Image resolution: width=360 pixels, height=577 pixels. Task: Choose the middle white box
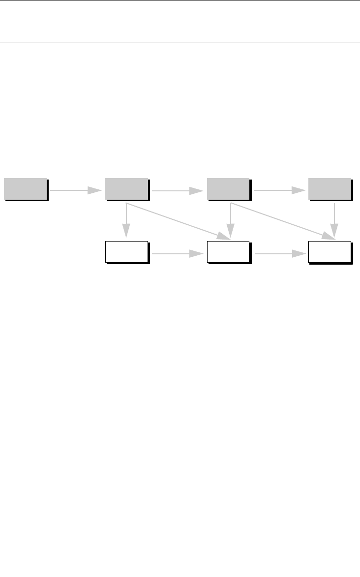(x=228, y=252)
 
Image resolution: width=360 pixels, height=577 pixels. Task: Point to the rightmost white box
(x=330, y=252)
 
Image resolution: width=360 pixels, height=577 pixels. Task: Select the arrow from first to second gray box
(x=74, y=190)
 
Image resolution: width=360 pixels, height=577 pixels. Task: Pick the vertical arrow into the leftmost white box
(x=126, y=219)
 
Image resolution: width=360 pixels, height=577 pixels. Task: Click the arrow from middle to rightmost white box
(x=277, y=253)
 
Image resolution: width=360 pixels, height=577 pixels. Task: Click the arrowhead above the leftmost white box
(x=126, y=231)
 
